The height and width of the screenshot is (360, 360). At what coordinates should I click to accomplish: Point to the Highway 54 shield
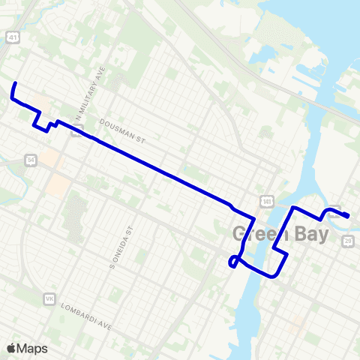30,160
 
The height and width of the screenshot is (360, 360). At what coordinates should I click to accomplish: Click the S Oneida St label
129,241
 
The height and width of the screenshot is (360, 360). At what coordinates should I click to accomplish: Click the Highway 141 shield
266,201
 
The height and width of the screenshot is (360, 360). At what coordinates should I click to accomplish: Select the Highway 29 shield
347,239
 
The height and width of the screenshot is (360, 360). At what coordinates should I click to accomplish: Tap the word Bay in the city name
311,234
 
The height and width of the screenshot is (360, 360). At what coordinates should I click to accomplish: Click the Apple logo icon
10,348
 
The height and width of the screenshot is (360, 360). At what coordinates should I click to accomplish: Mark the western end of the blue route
15,82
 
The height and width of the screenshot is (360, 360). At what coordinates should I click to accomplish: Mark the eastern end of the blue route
349,217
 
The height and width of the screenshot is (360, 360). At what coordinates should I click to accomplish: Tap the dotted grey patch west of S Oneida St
75,217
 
